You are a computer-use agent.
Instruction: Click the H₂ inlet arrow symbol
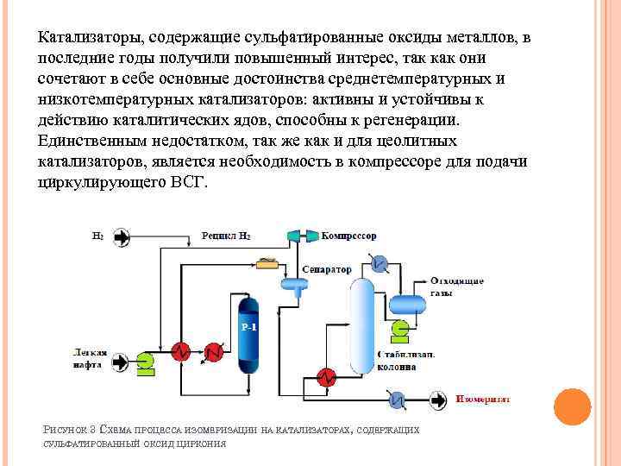coord(121,236)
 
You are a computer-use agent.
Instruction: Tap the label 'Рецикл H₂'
coord(226,236)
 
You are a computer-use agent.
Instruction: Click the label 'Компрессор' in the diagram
coord(349,236)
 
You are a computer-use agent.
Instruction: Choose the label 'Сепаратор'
coord(326,269)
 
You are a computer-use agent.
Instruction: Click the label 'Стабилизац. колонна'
coord(406,360)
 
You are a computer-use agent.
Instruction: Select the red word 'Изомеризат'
coord(484,400)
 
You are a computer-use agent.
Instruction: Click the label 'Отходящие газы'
coord(456,287)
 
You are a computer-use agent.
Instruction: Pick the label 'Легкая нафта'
coord(89,357)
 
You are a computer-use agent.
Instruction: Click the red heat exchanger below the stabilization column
coord(326,376)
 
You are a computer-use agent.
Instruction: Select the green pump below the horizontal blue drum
coord(399,329)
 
